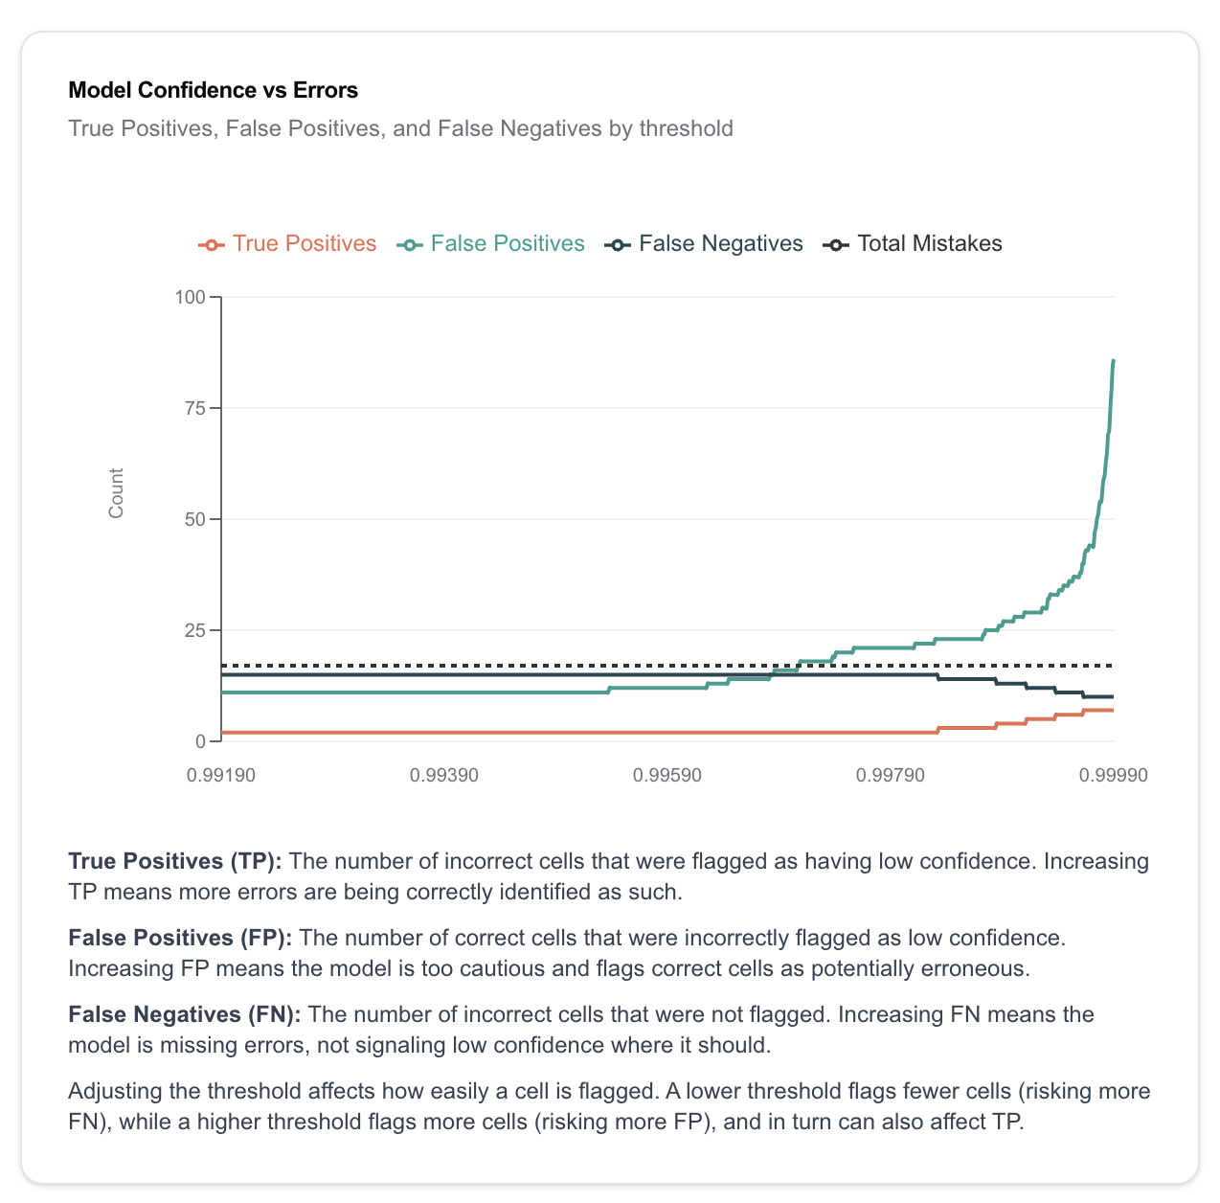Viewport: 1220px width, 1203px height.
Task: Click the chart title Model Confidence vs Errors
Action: coord(213,90)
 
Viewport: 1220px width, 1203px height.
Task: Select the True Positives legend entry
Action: coord(287,244)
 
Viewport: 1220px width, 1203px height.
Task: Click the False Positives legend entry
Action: coord(491,244)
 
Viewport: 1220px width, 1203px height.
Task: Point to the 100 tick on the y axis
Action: coord(190,297)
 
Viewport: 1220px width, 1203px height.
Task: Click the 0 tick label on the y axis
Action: coord(200,741)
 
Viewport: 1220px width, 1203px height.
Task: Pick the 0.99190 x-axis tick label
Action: coord(221,775)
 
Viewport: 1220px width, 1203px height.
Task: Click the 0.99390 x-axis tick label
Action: coord(444,775)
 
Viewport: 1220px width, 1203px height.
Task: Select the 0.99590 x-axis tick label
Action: coord(667,775)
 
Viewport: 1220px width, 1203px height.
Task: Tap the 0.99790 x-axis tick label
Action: coord(891,775)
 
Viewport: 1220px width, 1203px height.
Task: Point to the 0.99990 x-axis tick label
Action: coord(1113,775)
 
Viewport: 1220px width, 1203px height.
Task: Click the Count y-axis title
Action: coord(117,493)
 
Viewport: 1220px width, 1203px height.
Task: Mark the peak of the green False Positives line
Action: coord(1113,360)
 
